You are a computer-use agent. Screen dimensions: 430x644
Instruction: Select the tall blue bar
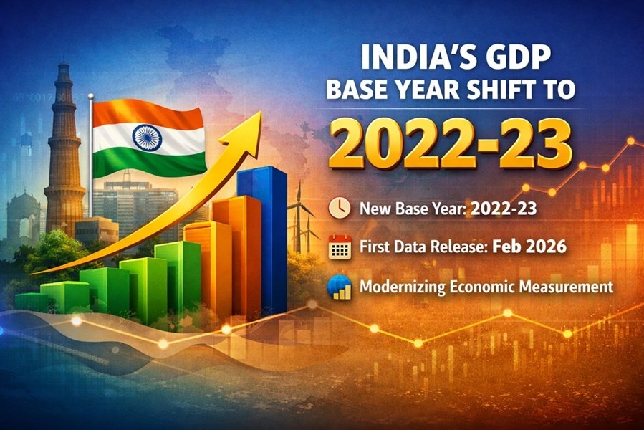[x=262, y=236]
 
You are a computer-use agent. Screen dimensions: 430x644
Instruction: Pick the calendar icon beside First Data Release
[x=338, y=247]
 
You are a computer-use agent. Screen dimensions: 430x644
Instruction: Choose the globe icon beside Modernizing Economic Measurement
[x=338, y=287]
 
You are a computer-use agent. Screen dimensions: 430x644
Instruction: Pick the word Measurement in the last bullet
[x=565, y=287]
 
